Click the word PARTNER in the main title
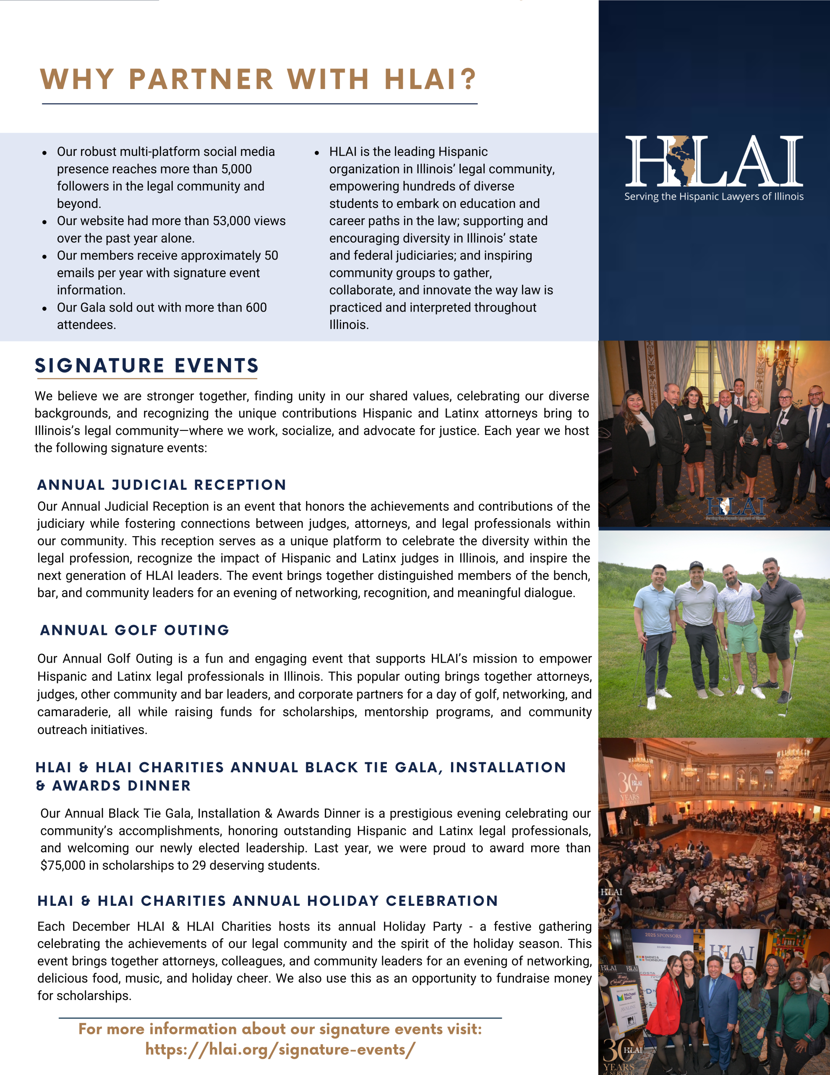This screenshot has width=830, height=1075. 201,79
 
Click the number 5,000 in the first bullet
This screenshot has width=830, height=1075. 236,169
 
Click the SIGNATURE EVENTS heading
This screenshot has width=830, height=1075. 146,366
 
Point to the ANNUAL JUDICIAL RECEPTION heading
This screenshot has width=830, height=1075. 162,485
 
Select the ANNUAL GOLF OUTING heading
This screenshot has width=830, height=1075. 135,630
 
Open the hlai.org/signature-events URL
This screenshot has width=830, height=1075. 280,1049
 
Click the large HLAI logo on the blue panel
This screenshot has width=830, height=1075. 713,160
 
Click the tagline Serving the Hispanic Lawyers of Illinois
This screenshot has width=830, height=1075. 713,197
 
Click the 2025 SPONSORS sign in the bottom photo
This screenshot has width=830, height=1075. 663,935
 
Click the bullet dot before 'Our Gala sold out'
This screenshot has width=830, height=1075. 44,309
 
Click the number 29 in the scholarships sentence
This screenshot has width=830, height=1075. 199,865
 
